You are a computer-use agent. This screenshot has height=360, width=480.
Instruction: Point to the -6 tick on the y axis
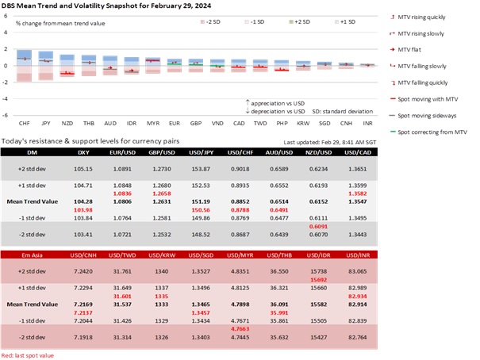click(x=6, y=115)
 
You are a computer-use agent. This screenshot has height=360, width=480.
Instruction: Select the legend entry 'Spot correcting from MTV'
click(x=436, y=131)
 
